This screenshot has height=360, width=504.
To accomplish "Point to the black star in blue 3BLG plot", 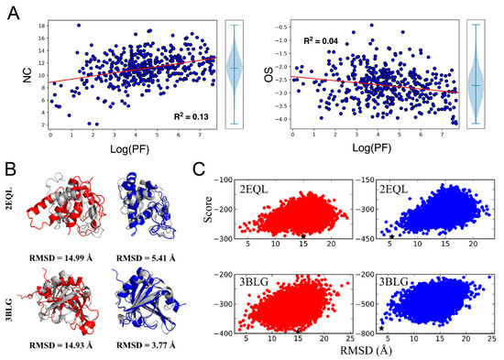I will coord(380,329).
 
